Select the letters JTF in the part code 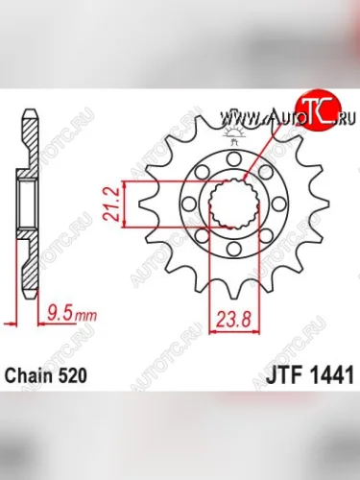point(283,377)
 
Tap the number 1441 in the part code point(327,377)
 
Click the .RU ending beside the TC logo point(340,119)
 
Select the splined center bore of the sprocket point(230,204)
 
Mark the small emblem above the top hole point(231,142)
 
